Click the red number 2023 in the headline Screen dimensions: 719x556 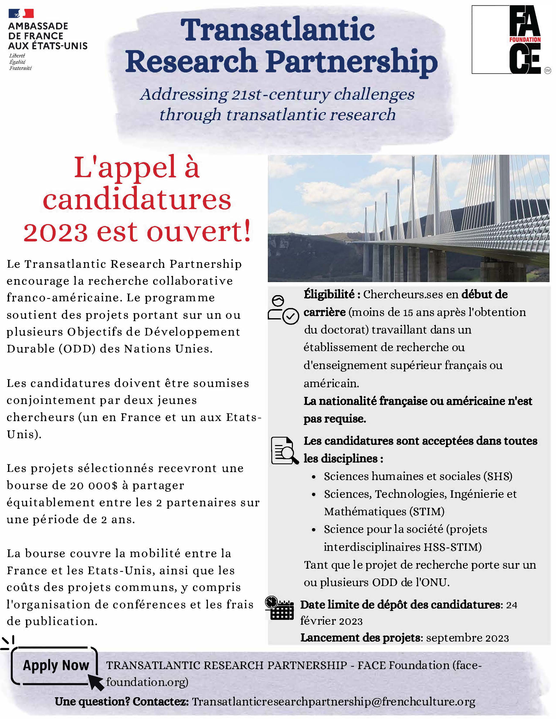coord(56,232)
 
